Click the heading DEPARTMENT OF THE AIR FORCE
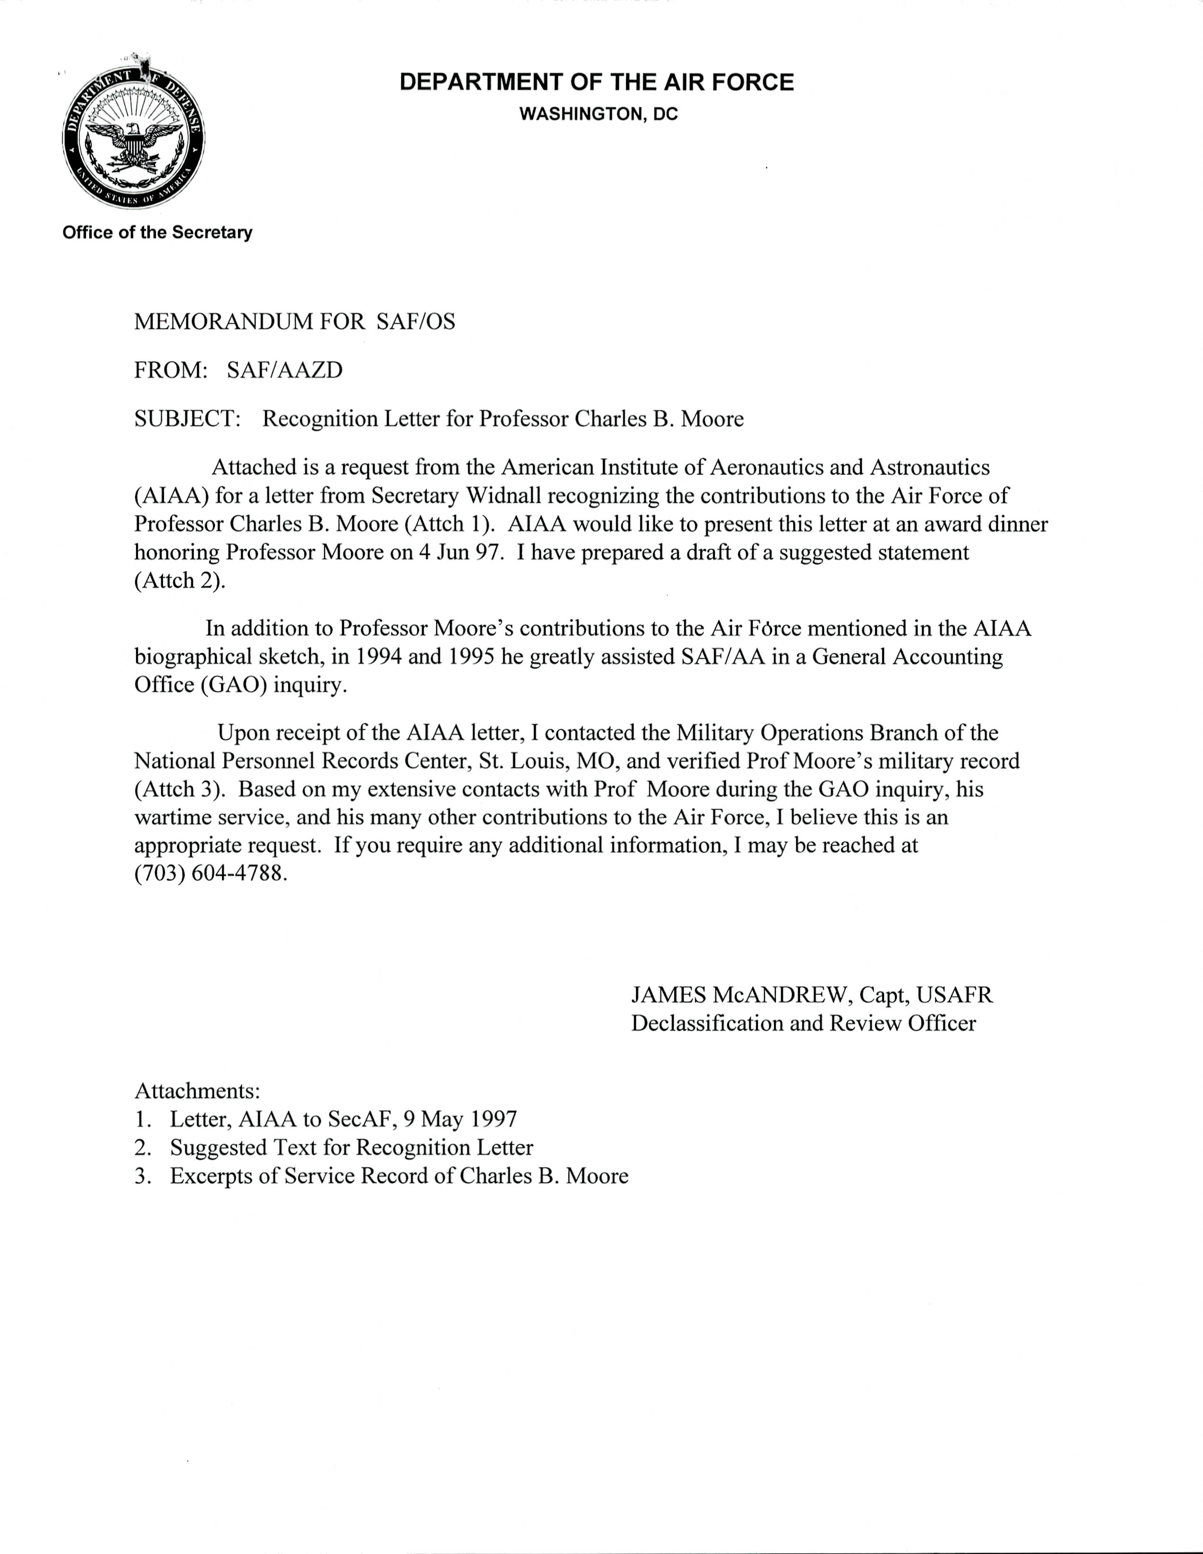596,83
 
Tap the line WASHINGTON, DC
598,114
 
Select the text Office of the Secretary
157,233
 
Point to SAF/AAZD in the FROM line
284,370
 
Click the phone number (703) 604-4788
211,874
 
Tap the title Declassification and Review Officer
803,1023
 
